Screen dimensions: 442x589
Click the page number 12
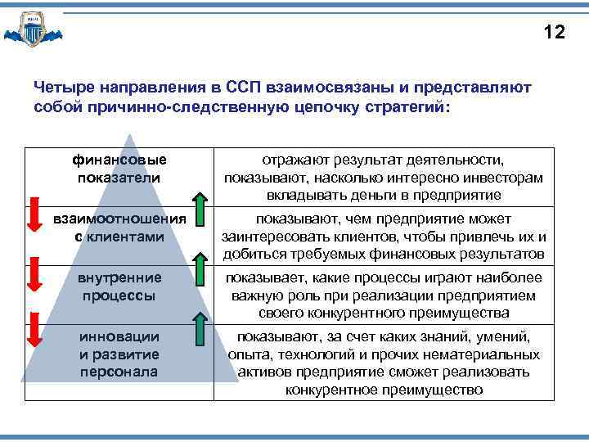554,33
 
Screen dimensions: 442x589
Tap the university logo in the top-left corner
33,31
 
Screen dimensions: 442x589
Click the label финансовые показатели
119,169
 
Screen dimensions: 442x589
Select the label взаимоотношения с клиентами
119,228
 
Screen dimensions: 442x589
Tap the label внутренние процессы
119,286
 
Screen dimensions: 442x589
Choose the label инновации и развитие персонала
119,354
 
